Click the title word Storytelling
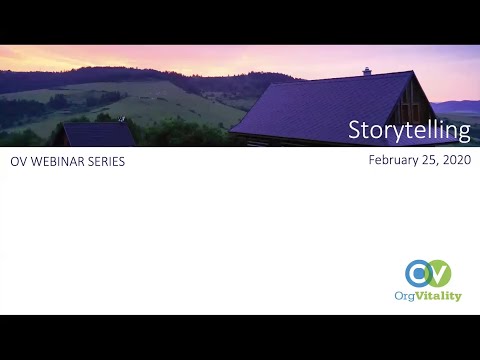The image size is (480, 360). [x=408, y=130]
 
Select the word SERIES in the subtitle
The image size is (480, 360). [x=104, y=162]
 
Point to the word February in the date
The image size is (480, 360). [x=392, y=160]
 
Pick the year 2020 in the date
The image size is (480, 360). [x=456, y=160]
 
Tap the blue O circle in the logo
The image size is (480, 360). [x=419, y=273]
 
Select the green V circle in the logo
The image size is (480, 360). [x=437, y=273]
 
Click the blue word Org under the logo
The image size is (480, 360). [x=407, y=297]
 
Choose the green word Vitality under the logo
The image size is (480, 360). [x=441, y=297]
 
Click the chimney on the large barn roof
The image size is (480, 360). [x=367, y=71]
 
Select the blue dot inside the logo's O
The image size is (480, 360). [x=419, y=273]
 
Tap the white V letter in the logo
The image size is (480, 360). [x=438, y=273]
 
